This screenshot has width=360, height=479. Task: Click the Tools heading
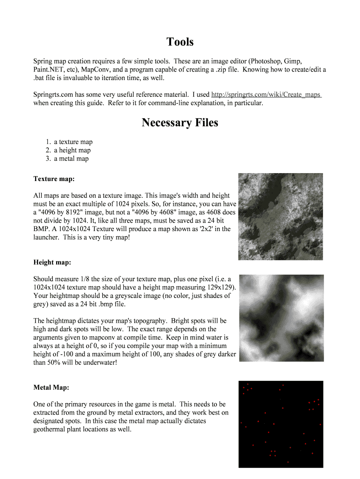(x=180, y=42)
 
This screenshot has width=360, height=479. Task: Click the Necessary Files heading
(x=180, y=123)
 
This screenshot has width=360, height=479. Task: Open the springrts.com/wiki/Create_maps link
(x=266, y=94)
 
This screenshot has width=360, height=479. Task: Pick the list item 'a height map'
(x=72, y=150)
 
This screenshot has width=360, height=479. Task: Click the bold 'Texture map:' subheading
(x=54, y=179)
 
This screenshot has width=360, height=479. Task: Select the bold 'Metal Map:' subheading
(x=51, y=387)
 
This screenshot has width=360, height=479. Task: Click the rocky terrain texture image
(x=281, y=217)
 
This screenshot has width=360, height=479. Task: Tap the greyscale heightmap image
(x=281, y=318)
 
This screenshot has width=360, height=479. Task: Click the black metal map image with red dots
(x=281, y=424)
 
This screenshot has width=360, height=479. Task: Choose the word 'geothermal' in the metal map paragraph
(x=51, y=429)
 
